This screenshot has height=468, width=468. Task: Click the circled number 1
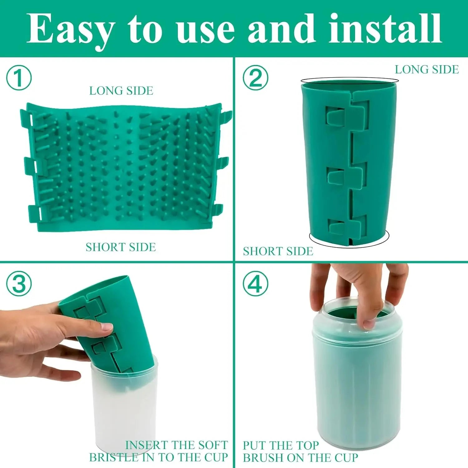tap(19, 78)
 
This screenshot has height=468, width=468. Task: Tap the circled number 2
tap(256, 78)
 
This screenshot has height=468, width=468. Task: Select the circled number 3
tap(19, 284)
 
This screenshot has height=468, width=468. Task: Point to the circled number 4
tap(256, 284)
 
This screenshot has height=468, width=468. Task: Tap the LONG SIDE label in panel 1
tap(121, 91)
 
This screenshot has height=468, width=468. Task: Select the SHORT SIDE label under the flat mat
tap(121, 247)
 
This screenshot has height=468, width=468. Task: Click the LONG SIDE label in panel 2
tap(427, 70)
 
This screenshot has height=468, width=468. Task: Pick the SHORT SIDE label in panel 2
tap(278, 251)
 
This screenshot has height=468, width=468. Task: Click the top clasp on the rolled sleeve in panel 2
tap(346, 115)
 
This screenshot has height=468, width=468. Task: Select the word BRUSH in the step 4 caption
tap(263, 458)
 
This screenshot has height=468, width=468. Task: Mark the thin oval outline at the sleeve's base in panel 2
tap(349, 246)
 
